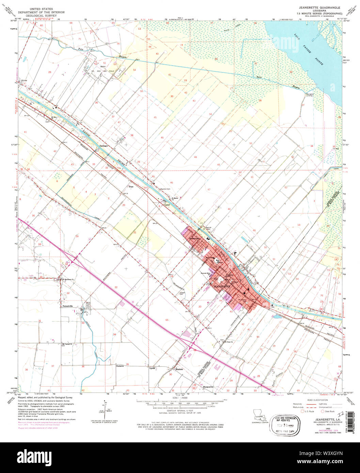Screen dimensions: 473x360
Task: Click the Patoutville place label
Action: tap(68, 306)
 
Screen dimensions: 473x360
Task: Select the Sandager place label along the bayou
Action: tap(104, 146)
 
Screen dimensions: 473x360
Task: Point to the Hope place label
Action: tap(131, 186)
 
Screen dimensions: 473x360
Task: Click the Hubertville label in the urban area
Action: tap(195, 238)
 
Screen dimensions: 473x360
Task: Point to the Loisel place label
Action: tap(167, 205)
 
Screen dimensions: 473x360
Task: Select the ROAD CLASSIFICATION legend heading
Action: tap(317, 400)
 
